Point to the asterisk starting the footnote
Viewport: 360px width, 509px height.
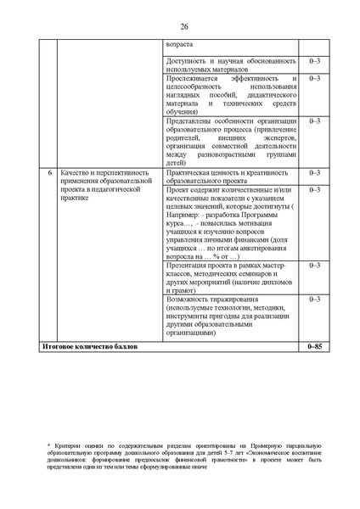coord(49,444)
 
